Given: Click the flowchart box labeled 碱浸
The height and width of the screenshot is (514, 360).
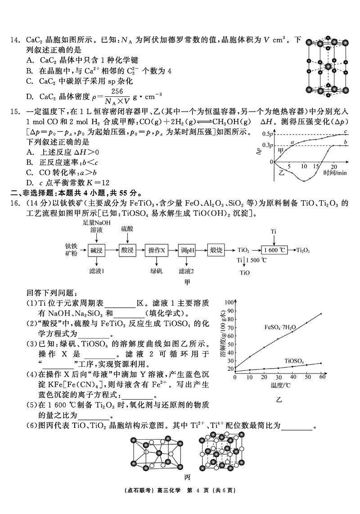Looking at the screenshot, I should point(97,250).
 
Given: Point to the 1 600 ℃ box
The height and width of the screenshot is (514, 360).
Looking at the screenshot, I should point(274,250).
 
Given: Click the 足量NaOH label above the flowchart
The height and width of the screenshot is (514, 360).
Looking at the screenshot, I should point(96,223).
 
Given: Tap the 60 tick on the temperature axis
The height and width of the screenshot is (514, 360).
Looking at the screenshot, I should point(322,377).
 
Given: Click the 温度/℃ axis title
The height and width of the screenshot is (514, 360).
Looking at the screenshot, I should point(279,386).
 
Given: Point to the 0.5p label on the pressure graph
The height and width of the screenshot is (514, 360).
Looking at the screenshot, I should point(269,134).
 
